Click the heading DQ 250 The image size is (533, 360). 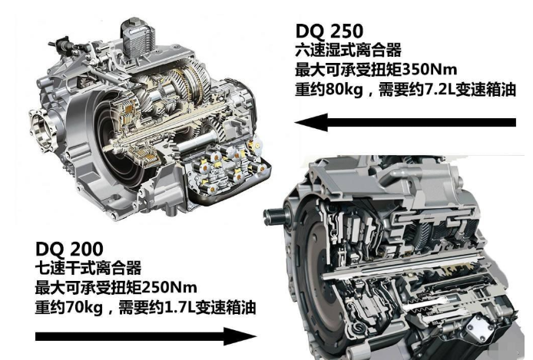329,31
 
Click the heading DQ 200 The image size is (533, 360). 69,249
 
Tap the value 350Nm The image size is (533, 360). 429,70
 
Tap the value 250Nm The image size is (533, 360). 169,287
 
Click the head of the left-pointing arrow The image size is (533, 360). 311,122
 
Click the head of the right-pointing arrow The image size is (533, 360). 240,336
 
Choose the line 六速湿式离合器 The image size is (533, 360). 349,50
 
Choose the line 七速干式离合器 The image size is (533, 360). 88,268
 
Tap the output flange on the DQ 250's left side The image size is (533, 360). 41,130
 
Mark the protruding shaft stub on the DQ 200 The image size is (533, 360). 275,216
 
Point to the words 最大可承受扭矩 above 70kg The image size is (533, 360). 88,287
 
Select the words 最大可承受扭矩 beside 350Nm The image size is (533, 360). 349,70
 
